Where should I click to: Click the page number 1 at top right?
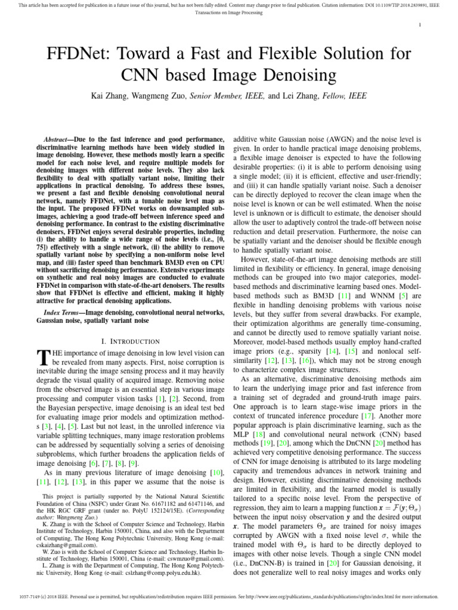421,24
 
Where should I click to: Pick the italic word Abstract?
59,137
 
